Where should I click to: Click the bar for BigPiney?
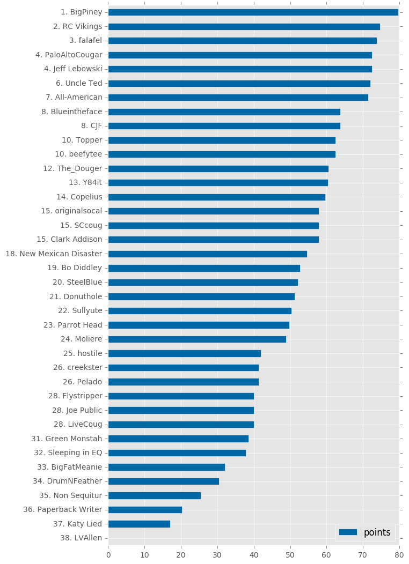pos(253,12)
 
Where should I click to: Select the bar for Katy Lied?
pos(140,524)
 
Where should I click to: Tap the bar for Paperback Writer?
pos(145,510)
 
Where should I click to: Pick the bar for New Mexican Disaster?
pos(208,254)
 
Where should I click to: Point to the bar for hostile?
pos(185,354)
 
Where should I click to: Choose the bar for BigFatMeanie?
pos(167,467)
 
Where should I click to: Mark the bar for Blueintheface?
pos(224,112)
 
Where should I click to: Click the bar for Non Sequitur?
pos(155,496)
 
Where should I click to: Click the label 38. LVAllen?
pos(81,538)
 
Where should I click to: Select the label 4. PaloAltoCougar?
pos(69,55)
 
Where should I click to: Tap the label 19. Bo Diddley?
pos(75,268)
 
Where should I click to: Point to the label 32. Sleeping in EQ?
pos(68,453)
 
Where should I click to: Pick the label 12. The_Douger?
pos(72,169)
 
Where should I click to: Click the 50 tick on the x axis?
pos(290,555)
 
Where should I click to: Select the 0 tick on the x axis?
pos(108,555)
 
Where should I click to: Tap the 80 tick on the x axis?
pos(399,555)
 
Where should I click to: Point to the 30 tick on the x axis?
pos(217,555)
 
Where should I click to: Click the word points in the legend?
pos(377,533)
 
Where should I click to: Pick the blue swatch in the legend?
pos(348,532)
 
